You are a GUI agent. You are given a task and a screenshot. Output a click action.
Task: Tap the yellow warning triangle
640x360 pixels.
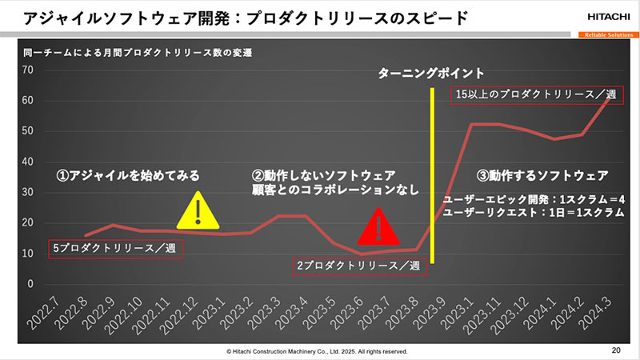click(194, 211)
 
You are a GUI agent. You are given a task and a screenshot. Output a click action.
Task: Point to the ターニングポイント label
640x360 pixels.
click(431, 73)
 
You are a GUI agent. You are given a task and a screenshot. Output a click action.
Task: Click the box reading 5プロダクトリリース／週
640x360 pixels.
click(115, 249)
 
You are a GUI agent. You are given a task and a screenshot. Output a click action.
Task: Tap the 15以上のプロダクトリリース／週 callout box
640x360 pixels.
click(534, 94)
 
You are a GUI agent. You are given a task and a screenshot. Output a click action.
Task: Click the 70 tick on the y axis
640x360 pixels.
click(28, 70)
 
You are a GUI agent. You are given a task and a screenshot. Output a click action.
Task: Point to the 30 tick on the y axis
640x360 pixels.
click(28, 193)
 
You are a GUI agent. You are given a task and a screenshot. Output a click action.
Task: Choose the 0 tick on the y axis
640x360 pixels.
click(31, 284)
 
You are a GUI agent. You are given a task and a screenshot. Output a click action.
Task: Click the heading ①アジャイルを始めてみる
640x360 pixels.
click(127, 174)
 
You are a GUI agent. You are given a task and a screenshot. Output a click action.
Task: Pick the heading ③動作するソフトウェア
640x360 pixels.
click(542, 174)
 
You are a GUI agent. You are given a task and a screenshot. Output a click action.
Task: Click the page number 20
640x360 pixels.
click(615, 350)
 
